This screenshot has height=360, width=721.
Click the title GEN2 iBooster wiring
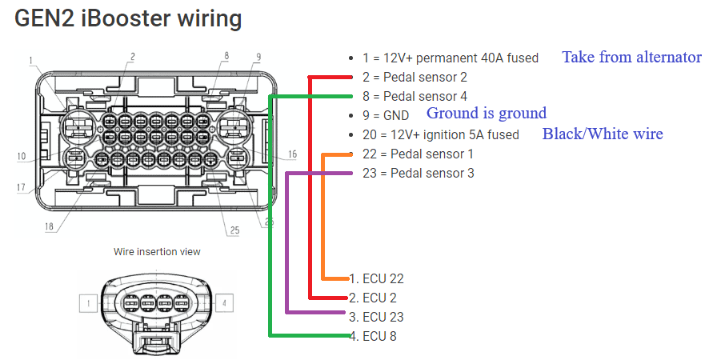128,19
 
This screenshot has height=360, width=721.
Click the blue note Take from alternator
631,57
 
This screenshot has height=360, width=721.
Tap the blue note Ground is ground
486,113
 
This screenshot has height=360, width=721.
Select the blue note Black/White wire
603,134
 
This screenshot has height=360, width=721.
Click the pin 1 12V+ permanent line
450,58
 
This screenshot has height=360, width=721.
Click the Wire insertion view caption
157,251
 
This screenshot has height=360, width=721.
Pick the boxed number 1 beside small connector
88,303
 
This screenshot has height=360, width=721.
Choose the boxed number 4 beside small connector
226,303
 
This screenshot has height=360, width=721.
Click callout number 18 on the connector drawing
50,226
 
